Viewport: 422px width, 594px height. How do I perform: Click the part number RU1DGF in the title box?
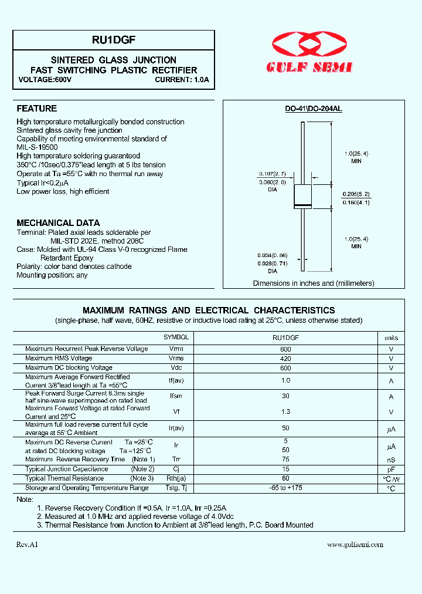114,41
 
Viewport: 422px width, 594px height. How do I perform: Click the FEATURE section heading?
36,109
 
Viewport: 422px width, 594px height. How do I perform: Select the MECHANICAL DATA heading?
58,223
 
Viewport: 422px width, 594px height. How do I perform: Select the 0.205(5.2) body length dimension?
357,193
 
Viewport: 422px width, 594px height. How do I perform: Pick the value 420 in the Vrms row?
285,359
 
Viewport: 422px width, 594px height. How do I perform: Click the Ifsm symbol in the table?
176,396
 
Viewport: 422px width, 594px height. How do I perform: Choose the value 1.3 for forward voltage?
285,412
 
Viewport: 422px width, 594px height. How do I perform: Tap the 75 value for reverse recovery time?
285,459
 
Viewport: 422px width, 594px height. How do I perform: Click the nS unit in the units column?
391,460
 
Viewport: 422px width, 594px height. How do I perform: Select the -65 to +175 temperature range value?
285,488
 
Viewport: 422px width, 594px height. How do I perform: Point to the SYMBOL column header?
176,338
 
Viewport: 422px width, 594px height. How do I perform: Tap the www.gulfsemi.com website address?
355,545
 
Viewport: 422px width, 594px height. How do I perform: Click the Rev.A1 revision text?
28,545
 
